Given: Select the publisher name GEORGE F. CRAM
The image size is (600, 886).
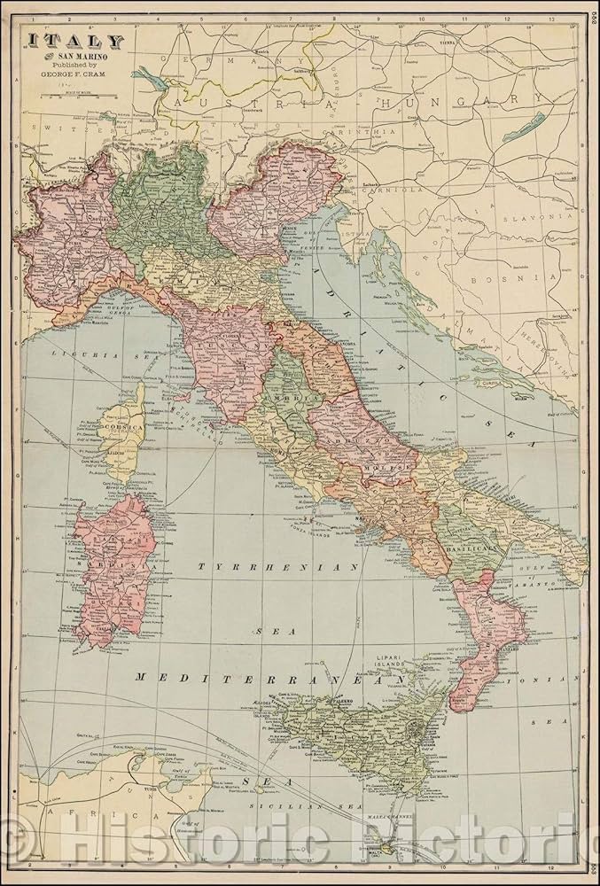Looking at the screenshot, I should point(70,75).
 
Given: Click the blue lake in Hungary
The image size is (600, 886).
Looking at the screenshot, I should point(524,128).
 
